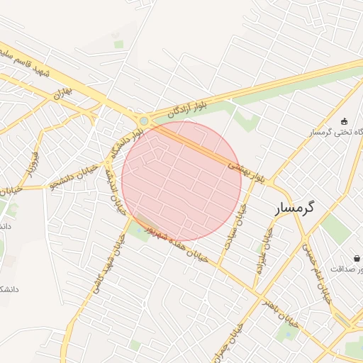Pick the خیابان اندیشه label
click(x=111, y=184)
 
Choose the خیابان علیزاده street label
click(x=264, y=252)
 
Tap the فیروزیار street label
click(x=32, y=163)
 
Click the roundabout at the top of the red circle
click(x=145, y=121)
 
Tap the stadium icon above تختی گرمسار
click(x=345, y=121)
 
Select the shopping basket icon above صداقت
click(x=356, y=258)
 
